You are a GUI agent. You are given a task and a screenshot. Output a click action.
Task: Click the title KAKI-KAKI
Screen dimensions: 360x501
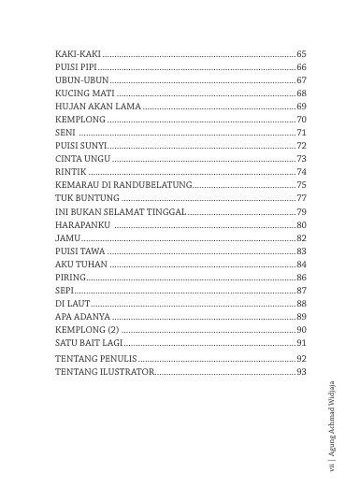pos(78,55)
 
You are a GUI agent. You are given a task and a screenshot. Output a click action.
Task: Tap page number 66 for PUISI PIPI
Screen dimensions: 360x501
pos(301,68)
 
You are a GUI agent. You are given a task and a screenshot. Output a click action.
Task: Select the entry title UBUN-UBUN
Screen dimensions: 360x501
pos(82,81)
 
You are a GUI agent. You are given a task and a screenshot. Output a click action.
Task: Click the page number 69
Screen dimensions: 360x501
pos(301,107)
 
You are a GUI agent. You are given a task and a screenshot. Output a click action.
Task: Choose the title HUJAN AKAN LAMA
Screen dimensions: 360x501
pos(98,107)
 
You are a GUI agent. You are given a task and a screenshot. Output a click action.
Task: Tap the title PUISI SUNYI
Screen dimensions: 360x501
pos(82,147)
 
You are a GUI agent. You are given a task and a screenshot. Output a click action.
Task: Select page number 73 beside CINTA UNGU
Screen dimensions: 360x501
pos(301,160)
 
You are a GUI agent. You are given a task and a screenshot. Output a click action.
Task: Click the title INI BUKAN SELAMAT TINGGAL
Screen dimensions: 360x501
pos(121,212)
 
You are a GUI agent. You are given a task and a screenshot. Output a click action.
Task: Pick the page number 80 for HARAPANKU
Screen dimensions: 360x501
pos(301,225)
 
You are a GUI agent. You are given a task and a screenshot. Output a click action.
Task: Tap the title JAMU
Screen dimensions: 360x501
pos(66,238)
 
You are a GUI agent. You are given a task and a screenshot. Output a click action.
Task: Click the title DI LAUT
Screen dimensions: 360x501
pos(71,304)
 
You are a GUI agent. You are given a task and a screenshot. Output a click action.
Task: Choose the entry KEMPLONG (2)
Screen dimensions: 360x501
pos(87,330)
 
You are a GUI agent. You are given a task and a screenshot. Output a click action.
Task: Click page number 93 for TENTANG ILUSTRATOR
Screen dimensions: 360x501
pos(301,372)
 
